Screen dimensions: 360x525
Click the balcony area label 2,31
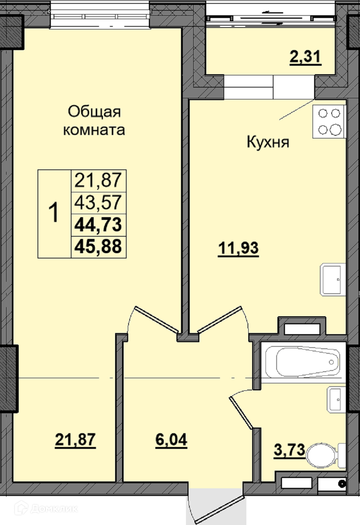click(305, 57)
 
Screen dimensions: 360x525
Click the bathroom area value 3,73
click(289, 450)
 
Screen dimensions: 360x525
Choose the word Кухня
click(268, 142)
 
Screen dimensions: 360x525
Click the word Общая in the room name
click(94, 112)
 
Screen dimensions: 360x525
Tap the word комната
click(94, 130)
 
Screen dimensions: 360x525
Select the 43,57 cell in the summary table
click(98, 203)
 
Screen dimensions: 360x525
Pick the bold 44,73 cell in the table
click(98, 225)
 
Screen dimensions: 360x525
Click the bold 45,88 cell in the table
click(98, 247)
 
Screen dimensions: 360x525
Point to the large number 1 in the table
click(54, 213)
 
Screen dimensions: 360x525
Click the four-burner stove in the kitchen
click(329, 122)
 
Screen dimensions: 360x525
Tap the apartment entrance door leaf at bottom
click(219, 507)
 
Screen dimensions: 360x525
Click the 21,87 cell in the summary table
click(98, 181)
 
